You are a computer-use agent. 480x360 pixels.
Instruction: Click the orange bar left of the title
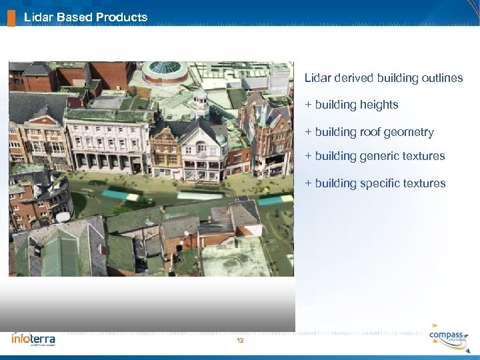11,16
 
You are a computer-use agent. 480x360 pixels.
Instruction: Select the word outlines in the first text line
443,78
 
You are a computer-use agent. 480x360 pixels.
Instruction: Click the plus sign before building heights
308,105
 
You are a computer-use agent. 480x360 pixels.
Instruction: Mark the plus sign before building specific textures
308,183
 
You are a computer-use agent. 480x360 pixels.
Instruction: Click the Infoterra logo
33,339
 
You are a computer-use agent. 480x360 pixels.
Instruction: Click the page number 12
240,341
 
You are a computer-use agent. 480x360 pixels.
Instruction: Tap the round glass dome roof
165,69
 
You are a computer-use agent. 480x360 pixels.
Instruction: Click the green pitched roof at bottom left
60,253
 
